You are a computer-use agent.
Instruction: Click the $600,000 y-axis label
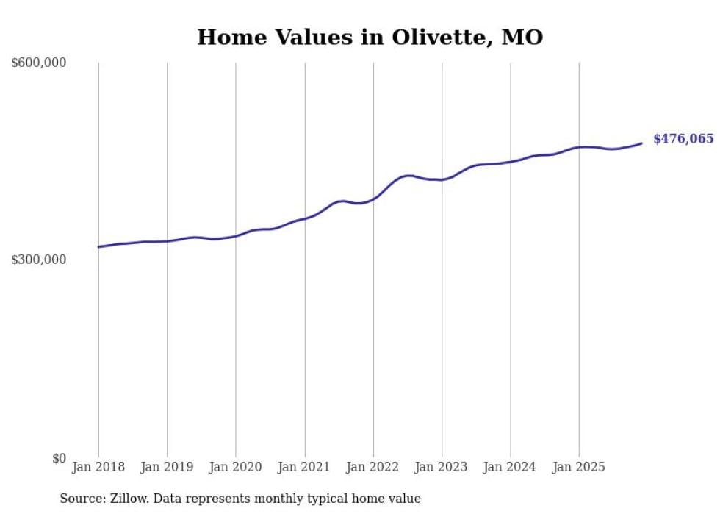click(x=39, y=63)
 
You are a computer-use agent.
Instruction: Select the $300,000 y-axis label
click(x=39, y=260)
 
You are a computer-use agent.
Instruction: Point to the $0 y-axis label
click(x=59, y=458)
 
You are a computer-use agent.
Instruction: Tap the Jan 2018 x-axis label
click(x=98, y=467)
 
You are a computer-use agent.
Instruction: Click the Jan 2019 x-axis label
click(x=167, y=467)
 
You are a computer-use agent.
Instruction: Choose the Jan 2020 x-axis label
click(x=235, y=467)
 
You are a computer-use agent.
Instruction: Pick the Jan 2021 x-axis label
click(x=304, y=467)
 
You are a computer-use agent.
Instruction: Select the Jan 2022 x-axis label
click(x=372, y=467)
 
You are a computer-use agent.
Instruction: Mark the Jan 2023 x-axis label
click(x=442, y=467)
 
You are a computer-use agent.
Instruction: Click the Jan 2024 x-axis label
click(x=510, y=467)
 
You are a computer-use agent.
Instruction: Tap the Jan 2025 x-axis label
click(x=579, y=467)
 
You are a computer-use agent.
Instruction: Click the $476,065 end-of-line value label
click(x=683, y=139)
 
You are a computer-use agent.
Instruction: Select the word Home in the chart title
click(x=227, y=38)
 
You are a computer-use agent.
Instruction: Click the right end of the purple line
click(x=641, y=143)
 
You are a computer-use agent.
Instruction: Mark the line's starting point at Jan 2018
click(x=98, y=246)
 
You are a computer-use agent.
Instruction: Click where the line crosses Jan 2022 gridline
click(x=373, y=198)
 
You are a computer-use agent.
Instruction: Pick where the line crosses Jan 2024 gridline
click(x=511, y=161)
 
